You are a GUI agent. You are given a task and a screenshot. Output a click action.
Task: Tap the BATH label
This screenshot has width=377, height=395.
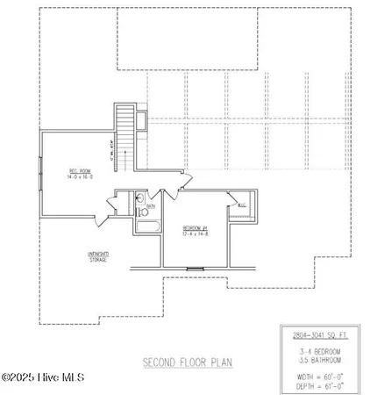[150, 207]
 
